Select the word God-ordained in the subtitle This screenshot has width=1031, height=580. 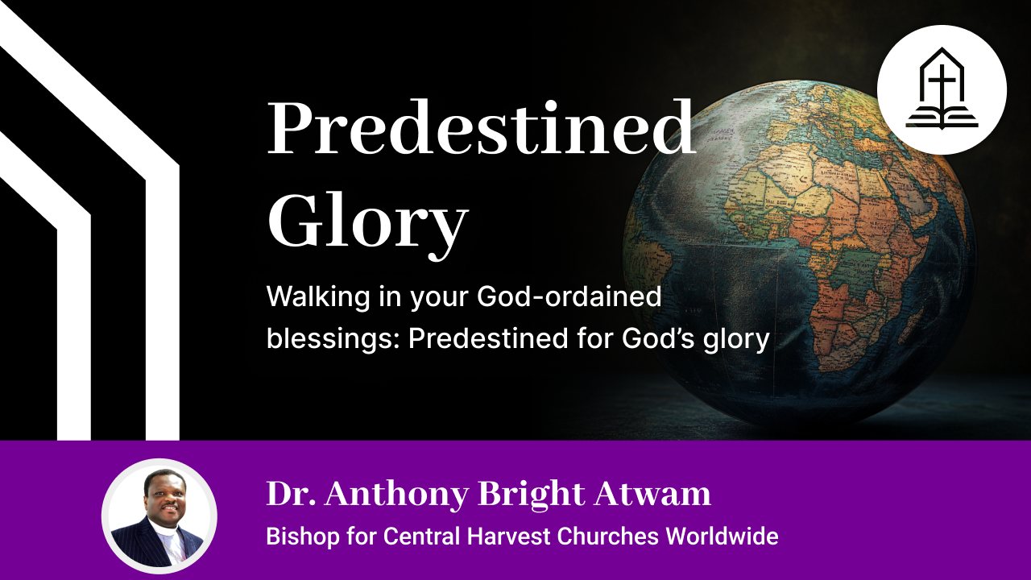tap(569, 297)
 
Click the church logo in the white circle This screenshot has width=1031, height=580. tap(941, 89)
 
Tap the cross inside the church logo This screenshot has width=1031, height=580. tap(941, 85)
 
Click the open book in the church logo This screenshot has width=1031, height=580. tap(941, 119)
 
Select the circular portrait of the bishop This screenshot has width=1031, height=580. tap(159, 516)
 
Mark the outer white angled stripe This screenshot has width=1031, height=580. tap(162, 242)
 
